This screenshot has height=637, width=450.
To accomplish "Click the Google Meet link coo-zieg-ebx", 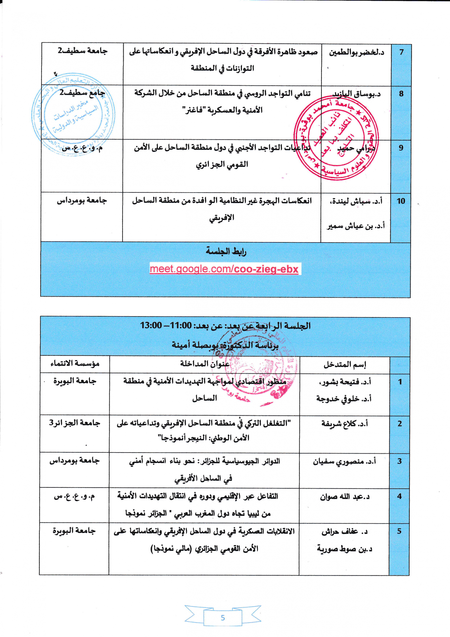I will coord(224,269).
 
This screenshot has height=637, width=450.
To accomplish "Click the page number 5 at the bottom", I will coord(223,618).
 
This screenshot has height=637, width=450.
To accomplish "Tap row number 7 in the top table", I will coord(401,52).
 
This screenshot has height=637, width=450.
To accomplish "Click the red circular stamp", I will coord(336,138).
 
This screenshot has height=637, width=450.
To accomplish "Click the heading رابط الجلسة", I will coord(226,251).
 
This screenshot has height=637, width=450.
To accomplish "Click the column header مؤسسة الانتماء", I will coord(75,364).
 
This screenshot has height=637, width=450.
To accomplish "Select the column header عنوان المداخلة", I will coord(205,364).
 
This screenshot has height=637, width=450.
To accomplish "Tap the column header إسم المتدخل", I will coord(345,364).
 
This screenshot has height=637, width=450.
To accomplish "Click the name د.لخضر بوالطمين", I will coord(356,53).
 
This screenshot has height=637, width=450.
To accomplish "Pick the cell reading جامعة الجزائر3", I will coord(74,423).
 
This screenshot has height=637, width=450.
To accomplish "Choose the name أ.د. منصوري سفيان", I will coord(344,461).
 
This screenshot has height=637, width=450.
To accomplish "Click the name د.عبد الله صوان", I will coord(345,497).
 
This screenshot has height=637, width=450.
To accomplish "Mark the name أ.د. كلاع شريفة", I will coord(344,424).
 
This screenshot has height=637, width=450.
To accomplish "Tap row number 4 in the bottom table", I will coord(399,496).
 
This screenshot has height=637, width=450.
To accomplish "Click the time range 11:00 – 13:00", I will coord(166,325).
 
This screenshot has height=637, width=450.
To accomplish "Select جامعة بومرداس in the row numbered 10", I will coord(82,200).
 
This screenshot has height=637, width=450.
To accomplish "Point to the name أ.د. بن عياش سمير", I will coord(356,226).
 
